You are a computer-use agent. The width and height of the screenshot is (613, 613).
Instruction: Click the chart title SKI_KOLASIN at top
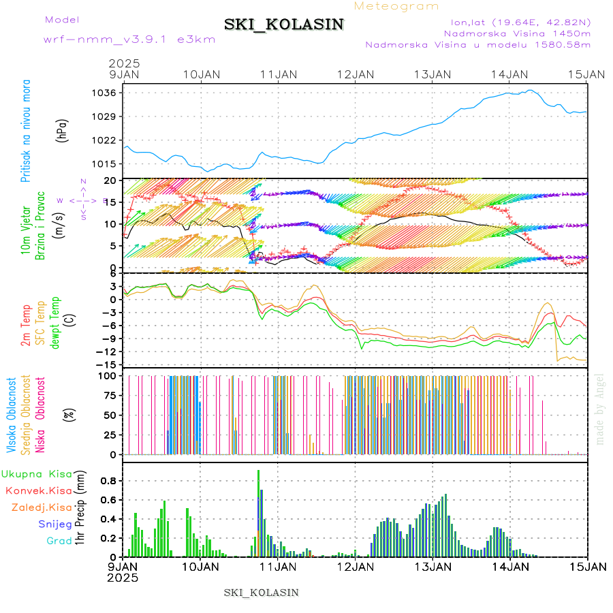pos(283,25)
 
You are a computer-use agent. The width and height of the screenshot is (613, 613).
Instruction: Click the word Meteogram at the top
pos(397,6)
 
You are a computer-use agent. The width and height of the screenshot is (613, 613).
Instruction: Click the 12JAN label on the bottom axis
pos(356,566)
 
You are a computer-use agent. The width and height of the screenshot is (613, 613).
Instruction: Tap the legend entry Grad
pos(59,541)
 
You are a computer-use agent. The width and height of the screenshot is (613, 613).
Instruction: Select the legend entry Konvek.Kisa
pos(38,490)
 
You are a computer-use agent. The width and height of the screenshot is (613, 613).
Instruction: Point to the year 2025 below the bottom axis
pos(123,578)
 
